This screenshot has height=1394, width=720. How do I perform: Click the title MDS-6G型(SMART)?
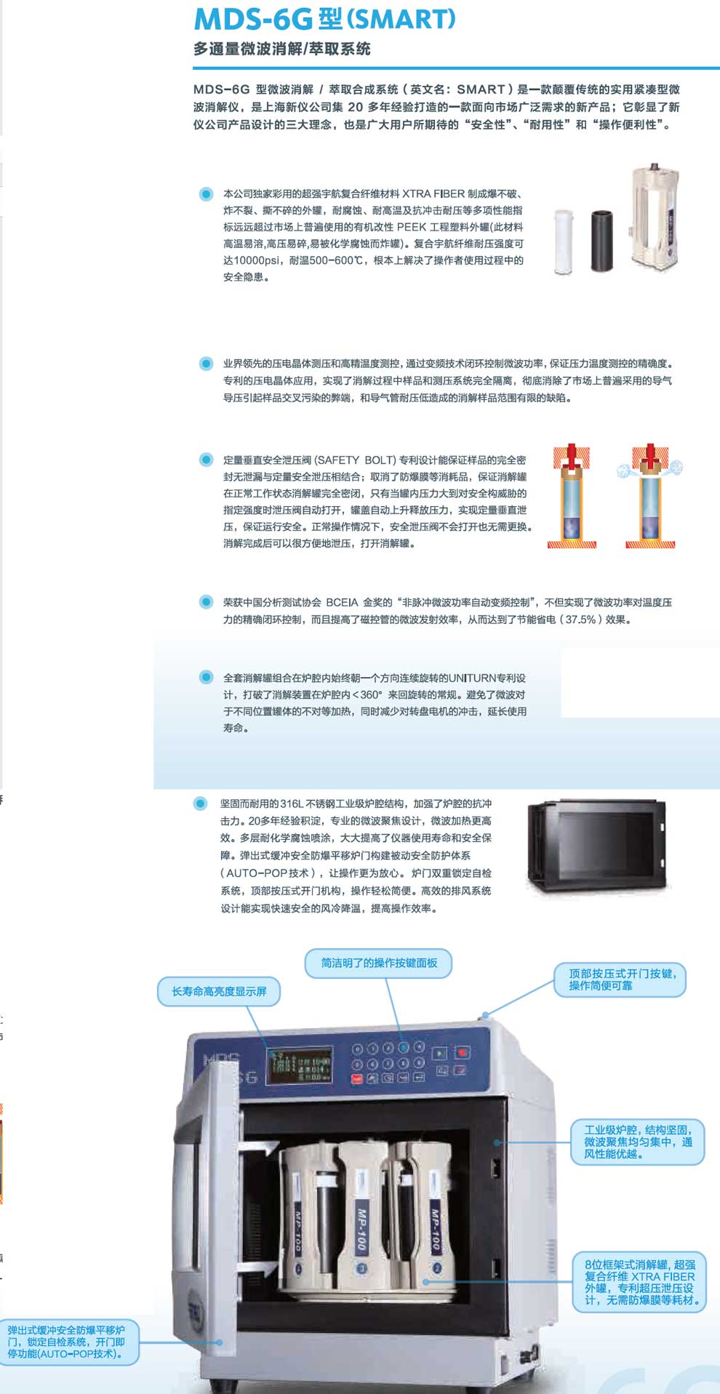tap(324, 19)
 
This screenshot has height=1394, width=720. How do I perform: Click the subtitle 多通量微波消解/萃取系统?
tap(281, 49)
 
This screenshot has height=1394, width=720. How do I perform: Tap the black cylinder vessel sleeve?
tap(601, 241)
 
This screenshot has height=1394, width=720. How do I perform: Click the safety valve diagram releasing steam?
tap(650, 496)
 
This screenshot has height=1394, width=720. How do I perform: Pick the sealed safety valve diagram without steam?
tap(572, 496)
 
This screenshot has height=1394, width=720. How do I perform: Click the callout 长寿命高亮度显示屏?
tap(219, 991)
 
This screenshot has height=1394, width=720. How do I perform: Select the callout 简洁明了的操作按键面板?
tap(379, 963)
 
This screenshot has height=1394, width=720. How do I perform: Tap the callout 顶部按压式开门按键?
tap(622, 979)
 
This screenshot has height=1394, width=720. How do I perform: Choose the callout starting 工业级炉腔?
tap(638, 1141)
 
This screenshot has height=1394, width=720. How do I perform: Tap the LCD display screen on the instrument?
tap(299, 1067)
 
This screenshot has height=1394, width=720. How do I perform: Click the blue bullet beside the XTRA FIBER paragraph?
tap(206, 194)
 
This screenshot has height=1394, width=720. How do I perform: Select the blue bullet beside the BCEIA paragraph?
tap(206, 602)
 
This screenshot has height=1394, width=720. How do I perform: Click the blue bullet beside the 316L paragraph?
tap(200, 804)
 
